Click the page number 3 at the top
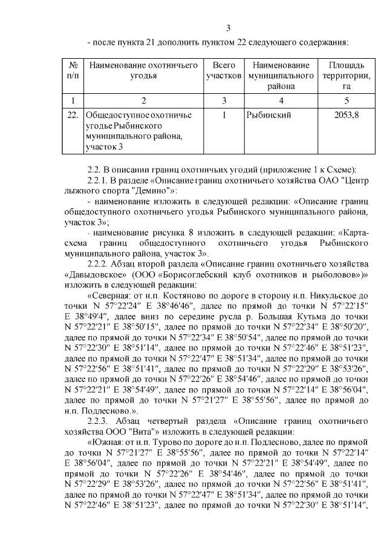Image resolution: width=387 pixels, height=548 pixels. pos(228,28)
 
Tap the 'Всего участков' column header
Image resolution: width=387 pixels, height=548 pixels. pos(224,70)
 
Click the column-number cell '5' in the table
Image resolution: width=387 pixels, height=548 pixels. pos(346,99)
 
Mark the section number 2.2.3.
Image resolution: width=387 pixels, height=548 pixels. pos(99,421)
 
